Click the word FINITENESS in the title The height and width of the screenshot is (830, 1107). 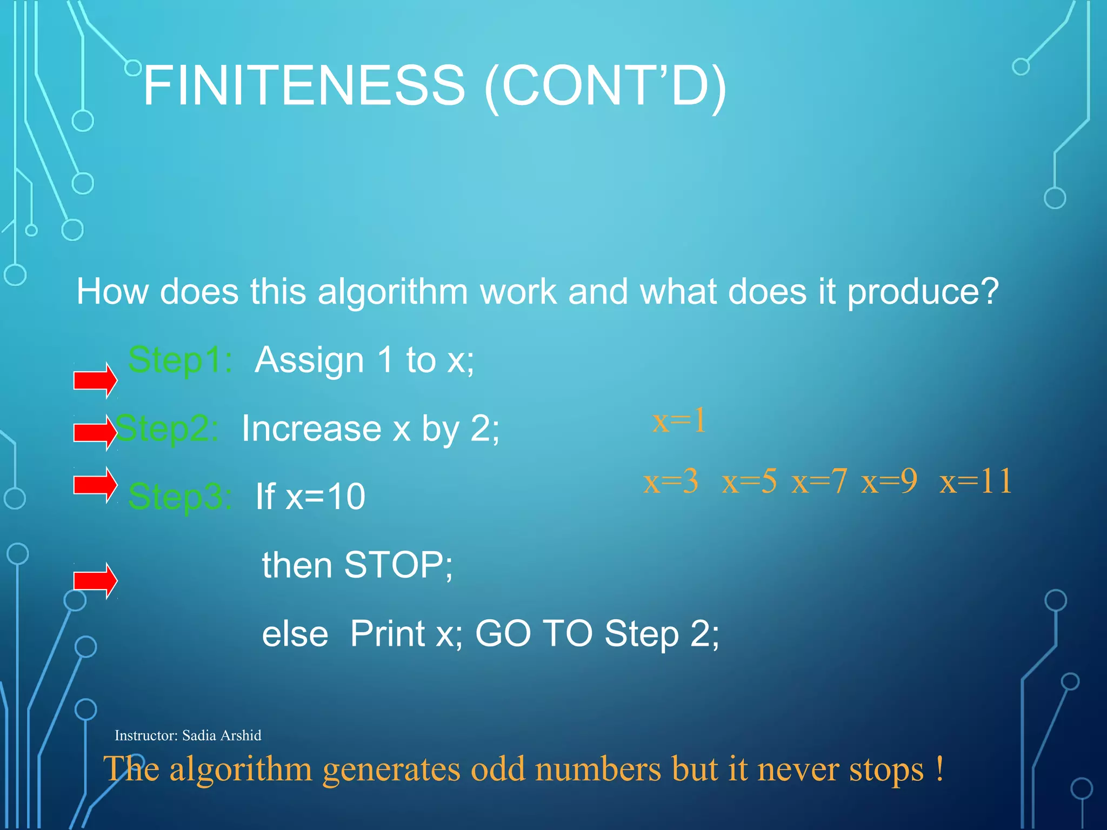(x=304, y=85)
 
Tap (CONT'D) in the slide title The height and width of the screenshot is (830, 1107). (x=605, y=86)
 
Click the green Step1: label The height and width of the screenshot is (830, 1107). (x=180, y=360)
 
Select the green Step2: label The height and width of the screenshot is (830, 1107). (x=166, y=429)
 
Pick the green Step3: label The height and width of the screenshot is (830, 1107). (x=180, y=497)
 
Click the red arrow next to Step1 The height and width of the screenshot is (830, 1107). (x=95, y=380)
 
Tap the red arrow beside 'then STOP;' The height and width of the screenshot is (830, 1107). (x=95, y=581)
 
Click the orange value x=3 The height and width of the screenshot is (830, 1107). (x=671, y=481)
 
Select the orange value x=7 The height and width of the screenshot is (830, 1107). (x=819, y=481)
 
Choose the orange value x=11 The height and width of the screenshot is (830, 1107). (x=976, y=481)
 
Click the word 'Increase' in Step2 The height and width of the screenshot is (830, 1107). (x=311, y=429)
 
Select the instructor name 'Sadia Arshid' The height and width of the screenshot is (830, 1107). (x=222, y=735)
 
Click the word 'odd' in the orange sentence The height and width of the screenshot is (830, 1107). (x=497, y=769)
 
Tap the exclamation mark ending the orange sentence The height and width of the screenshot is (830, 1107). (x=940, y=768)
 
